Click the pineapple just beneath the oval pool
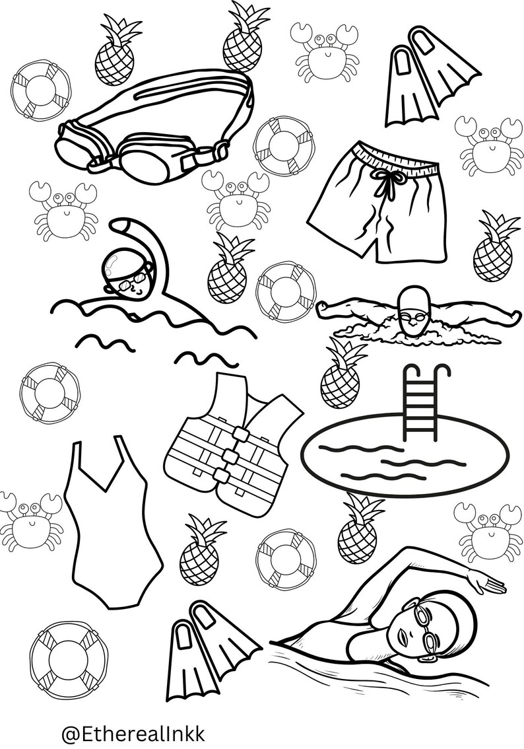[x=358, y=532]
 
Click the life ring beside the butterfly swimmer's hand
[x=286, y=291]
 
